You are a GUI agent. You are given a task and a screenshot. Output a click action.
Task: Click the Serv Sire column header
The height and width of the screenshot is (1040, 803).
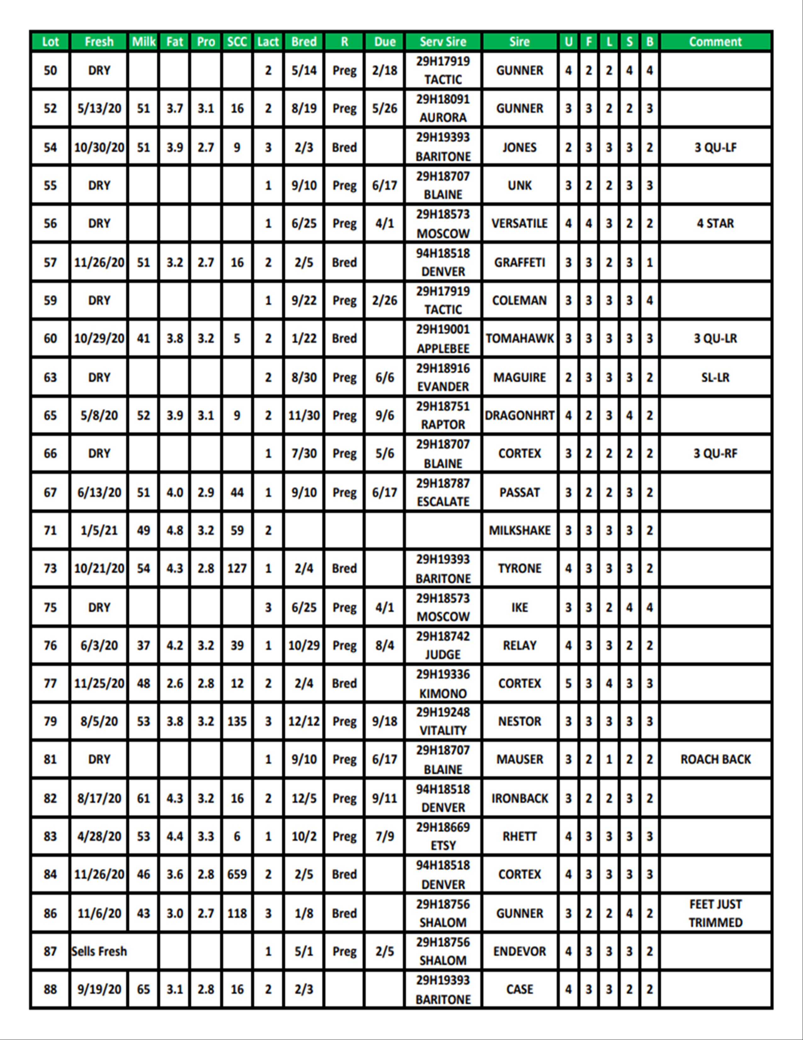pos(443,42)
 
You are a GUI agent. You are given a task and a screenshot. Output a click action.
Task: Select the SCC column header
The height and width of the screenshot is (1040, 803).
pos(237,42)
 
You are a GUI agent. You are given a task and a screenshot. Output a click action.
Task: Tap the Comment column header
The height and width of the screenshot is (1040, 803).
pos(715,42)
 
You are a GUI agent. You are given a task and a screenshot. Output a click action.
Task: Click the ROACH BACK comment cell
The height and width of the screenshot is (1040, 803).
pos(715,759)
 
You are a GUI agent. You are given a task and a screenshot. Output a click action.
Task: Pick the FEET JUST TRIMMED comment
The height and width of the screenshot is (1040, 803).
pos(715,913)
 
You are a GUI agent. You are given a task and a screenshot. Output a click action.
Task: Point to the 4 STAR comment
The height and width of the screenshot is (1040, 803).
pos(715,223)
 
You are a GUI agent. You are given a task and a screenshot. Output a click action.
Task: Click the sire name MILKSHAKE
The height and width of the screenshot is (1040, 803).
pos(520,530)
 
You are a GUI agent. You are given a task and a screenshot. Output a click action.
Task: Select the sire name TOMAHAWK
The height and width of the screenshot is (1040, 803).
pos(520,338)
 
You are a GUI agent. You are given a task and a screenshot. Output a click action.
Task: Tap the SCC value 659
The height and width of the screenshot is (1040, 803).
pos(237,874)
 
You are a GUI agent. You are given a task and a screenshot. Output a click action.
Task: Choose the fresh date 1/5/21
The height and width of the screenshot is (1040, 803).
pos(99,530)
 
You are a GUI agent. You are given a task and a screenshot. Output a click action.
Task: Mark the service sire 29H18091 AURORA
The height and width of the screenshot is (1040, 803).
pos(443,109)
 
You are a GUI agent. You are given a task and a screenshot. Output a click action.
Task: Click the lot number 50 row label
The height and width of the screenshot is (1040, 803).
pos(50,71)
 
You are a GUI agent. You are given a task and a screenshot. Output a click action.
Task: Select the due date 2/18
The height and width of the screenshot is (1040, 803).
pos(384,71)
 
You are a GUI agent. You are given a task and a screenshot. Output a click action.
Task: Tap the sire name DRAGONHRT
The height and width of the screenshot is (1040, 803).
pos(520,415)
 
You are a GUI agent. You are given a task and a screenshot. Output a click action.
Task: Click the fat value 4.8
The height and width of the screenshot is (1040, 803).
pos(174,530)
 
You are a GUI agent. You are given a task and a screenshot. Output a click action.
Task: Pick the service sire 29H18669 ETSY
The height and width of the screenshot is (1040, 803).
pos(443,836)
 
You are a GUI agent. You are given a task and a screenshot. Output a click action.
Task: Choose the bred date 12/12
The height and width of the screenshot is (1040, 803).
pos(304,721)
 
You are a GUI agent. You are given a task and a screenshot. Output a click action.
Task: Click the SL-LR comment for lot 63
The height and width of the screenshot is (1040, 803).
pos(715,377)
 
